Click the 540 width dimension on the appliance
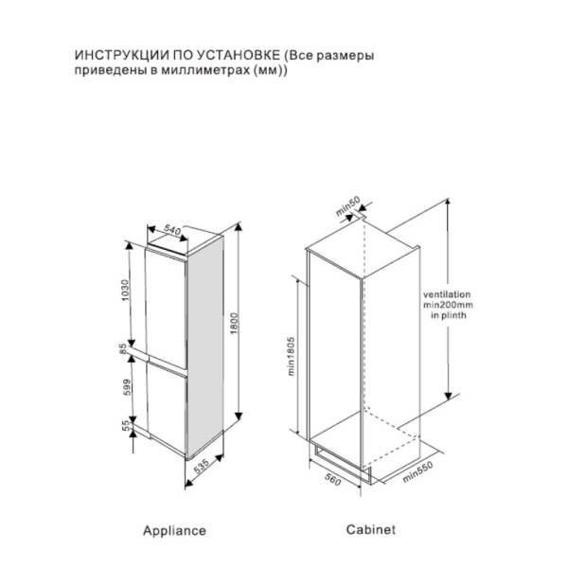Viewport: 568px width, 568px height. pos(172,230)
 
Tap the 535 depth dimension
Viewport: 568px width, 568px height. pos(200,470)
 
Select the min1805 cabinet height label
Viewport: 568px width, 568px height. pos(293,359)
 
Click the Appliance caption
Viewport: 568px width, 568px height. pos(174,531)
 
